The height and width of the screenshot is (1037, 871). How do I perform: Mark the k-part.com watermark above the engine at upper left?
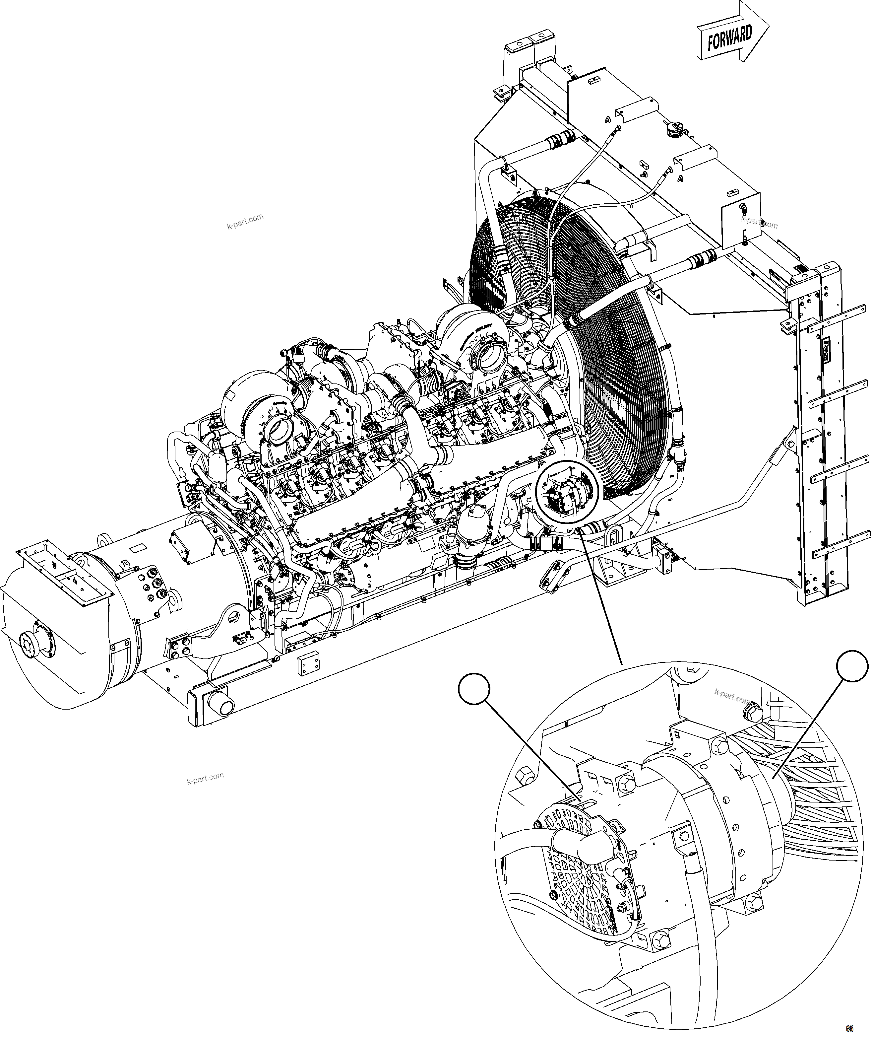tap(245, 222)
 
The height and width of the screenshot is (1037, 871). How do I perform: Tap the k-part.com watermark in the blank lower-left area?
tap(206, 779)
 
